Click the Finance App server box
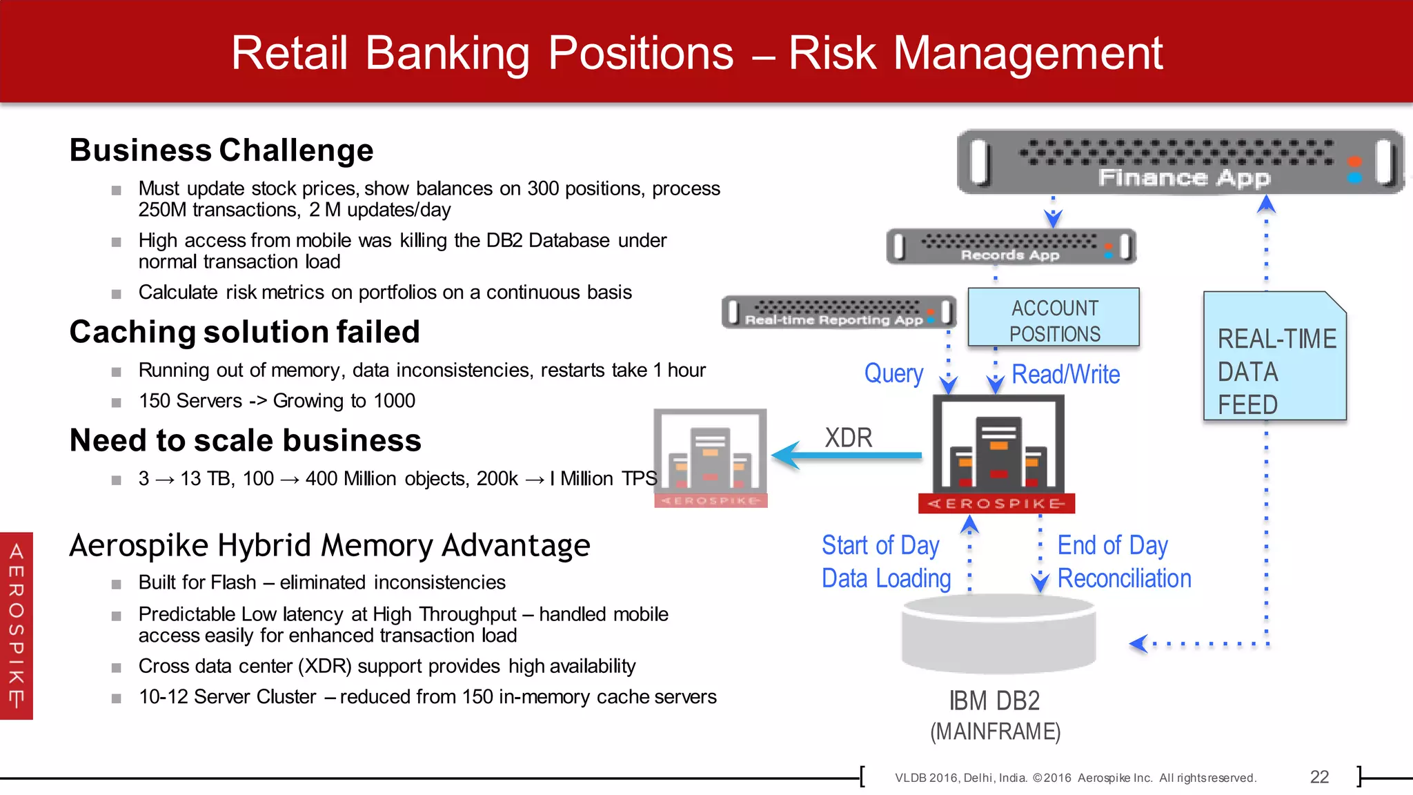click(x=1180, y=162)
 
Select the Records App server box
click(x=1011, y=246)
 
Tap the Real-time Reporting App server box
click(x=838, y=313)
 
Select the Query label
click(x=893, y=373)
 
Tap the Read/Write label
click(x=1065, y=375)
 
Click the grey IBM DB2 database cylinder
click(x=998, y=635)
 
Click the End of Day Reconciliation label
click(x=1123, y=562)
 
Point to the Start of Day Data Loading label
click(x=886, y=562)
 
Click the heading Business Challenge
click(x=221, y=150)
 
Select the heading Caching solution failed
click(x=244, y=332)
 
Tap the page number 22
click(x=1319, y=777)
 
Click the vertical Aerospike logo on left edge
click(x=17, y=625)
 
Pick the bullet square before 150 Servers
click(x=117, y=402)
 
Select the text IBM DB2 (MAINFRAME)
click(x=995, y=716)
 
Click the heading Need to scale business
click(x=245, y=441)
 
